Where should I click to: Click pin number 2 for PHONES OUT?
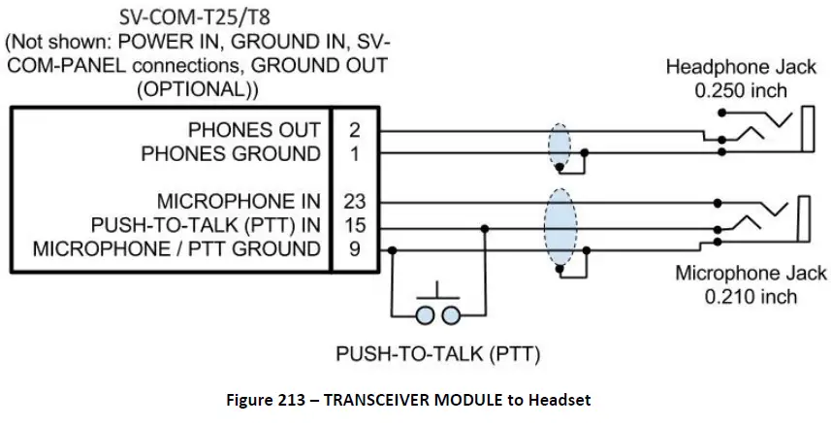[x=354, y=129]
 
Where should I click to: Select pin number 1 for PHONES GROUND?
[x=354, y=153]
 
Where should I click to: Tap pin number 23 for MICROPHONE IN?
[x=354, y=202]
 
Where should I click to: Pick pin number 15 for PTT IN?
[x=354, y=225]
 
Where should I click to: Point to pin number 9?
[x=354, y=249]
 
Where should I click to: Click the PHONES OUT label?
[x=254, y=129]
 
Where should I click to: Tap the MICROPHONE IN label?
[x=238, y=202]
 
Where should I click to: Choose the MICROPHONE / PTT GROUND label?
[x=176, y=249]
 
